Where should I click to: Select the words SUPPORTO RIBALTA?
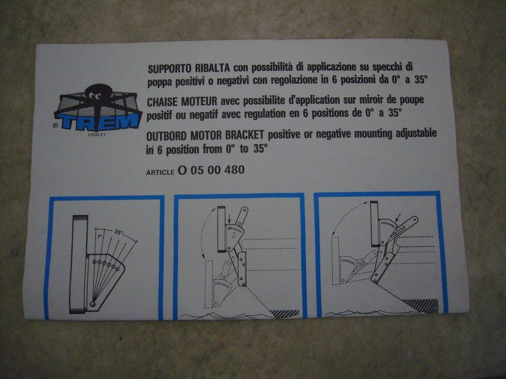pyautogui.click(x=189, y=68)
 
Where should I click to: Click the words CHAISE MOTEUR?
pyautogui.click(x=182, y=102)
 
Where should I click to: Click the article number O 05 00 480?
pyautogui.click(x=211, y=170)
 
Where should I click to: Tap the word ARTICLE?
pyautogui.click(x=160, y=173)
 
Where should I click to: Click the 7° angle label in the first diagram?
pyautogui.click(x=100, y=237)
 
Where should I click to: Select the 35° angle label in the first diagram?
pyautogui.click(x=119, y=232)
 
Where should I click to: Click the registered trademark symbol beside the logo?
pyautogui.click(x=55, y=126)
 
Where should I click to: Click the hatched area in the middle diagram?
pyautogui.click(x=285, y=314)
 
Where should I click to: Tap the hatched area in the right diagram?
pyautogui.click(x=421, y=305)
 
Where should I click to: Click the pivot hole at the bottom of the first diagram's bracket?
pyautogui.click(x=93, y=304)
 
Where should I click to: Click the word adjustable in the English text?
pyautogui.click(x=416, y=133)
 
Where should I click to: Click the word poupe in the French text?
pyautogui.click(x=410, y=100)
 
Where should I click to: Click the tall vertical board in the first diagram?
pyautogui.click(x=79, y=264)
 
